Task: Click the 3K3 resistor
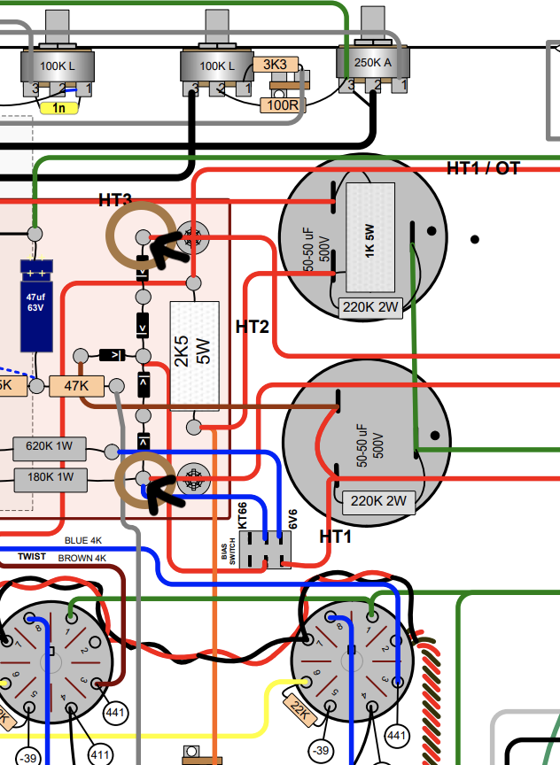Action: click(276, 65)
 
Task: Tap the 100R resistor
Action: click(283, 105)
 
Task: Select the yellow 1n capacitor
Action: click(59, 108)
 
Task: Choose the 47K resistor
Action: click(76, 386)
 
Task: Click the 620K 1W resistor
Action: click(51, 448)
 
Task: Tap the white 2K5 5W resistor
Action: click(193, 356)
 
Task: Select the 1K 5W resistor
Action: click(369, 237)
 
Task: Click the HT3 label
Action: click(115, 200)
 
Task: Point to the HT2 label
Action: click(252, 327)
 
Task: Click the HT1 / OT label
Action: click(483, 168)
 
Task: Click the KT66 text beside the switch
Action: click(243, 516)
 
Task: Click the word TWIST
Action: click(32, 556)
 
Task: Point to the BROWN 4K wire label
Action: click(82, 559)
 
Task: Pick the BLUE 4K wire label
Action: click(84, 540)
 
